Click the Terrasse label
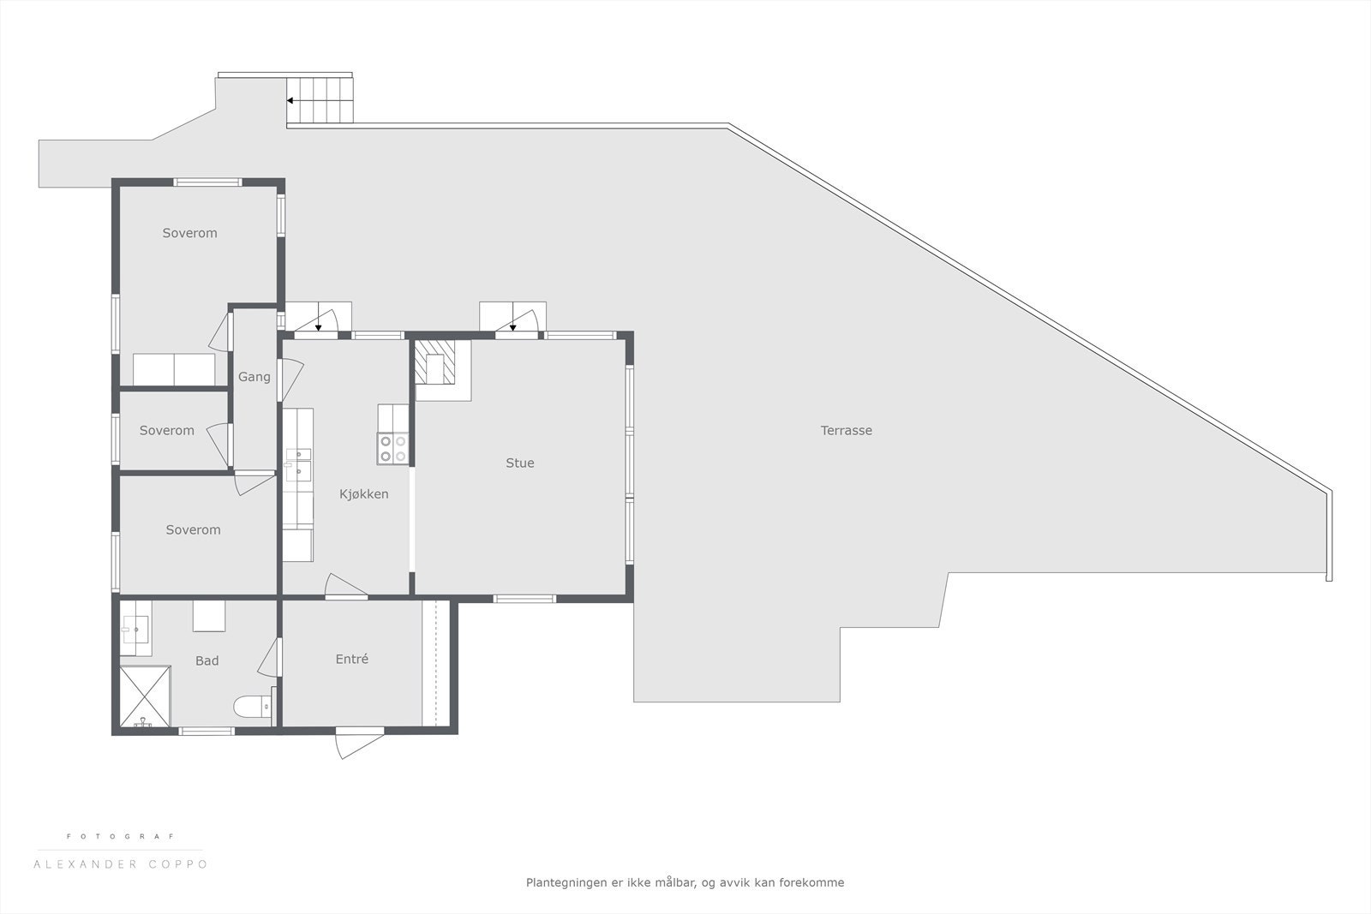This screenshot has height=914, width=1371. coord(846,431)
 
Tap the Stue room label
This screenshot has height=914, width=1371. coord(519,463)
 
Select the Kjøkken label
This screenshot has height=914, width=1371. coord(363,494)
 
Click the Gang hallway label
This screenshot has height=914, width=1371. coord(254,377)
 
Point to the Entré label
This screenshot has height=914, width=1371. coord(351,659)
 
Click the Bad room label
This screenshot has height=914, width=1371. coord(207,660)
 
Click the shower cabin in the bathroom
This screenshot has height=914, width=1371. coord(145,696)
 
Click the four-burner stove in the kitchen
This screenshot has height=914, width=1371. coord(392,449)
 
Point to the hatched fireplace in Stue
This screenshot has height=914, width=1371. coord(435,362)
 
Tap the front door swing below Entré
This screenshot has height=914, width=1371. coord(358,742)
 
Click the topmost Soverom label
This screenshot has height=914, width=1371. coord(189,233)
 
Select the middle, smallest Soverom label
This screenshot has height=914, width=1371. coord(166,431)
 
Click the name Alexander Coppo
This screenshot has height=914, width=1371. coord(120,864)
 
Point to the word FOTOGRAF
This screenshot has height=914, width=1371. coord(120,836)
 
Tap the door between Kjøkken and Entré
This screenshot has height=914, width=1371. coord(345,587)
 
